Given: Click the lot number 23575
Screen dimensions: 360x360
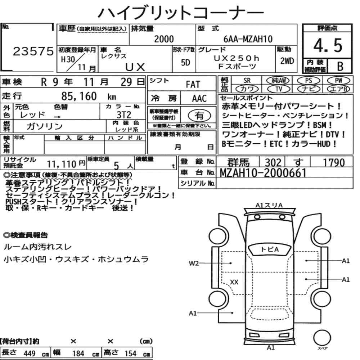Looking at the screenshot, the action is tap(33, 51).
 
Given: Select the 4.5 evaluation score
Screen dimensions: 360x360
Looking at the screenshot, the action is tap(328, 45).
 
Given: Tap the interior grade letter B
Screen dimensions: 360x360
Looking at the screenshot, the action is tap(340, 66).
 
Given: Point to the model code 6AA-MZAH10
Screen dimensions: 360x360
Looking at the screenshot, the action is tap(248, 39).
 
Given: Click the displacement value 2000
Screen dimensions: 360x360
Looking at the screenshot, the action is tap(164, 39).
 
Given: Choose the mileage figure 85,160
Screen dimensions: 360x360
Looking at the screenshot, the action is tap(79, 96).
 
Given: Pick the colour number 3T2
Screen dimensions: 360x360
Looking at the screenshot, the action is tap(124, 114).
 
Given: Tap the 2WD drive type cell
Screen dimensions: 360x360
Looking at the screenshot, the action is tap(287, 61).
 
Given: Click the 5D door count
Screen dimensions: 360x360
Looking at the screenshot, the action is tap(185, 62).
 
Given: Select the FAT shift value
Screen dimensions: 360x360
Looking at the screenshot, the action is tap(193, 85).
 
